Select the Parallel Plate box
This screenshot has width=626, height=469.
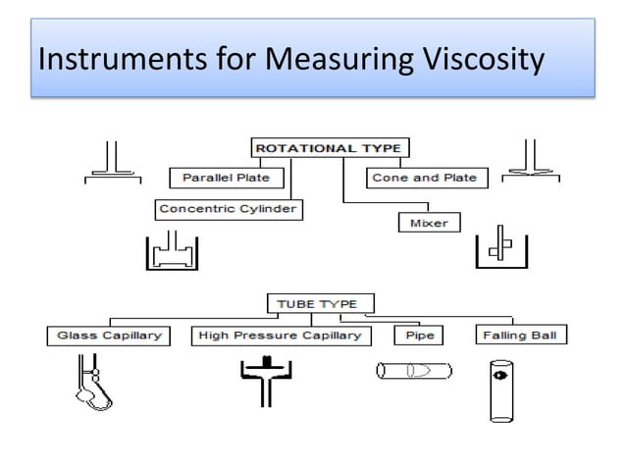(226, 178)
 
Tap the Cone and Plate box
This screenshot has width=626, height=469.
(424, 178)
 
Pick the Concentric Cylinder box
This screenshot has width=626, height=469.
(229, 209)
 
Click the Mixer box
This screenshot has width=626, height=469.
(428, 223)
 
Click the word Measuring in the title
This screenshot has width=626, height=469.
(332, 62)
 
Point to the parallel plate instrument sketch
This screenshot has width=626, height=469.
(111, 163)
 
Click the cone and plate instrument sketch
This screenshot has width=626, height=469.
(531, 163)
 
